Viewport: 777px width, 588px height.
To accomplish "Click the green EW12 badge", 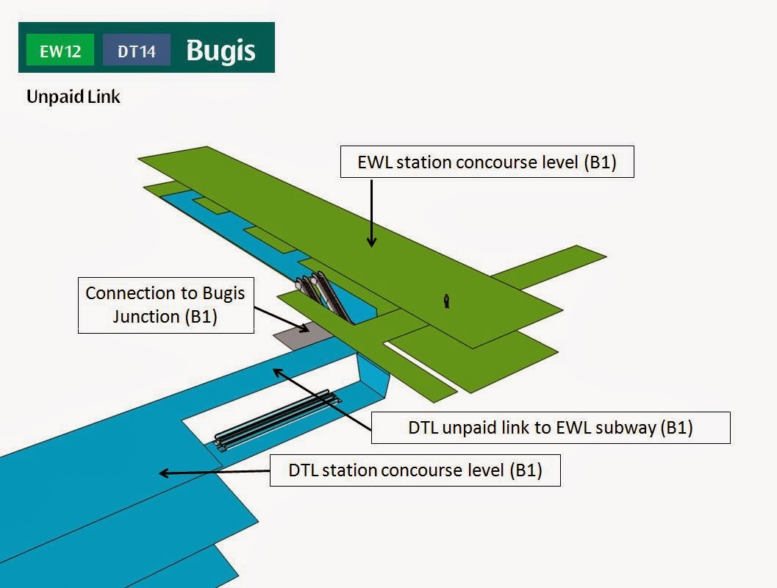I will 60,51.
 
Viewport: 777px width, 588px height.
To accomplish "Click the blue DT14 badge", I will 137,51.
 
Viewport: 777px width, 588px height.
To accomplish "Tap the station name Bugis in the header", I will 221,50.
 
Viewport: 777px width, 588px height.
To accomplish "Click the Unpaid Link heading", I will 73,96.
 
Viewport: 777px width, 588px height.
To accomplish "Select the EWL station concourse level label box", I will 487,162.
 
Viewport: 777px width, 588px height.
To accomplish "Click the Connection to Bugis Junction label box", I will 165,305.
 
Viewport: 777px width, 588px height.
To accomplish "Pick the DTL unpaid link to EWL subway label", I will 550,428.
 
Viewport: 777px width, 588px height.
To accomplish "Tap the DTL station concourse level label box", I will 415,470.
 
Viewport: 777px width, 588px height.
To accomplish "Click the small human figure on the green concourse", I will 446,300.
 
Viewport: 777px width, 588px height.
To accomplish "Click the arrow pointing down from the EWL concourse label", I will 372,213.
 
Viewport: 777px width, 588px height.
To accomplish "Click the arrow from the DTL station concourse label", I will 213,473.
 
